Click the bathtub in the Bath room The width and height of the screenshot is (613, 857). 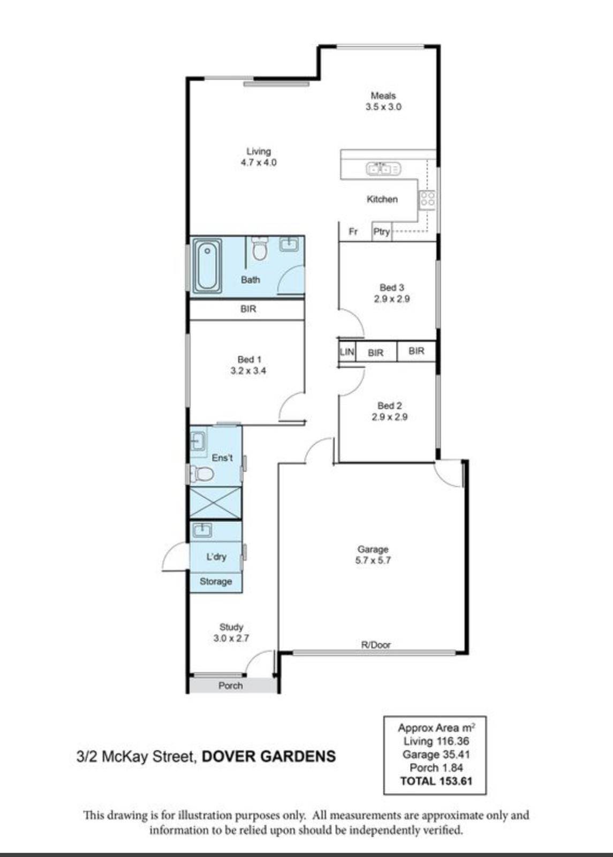(207, 266)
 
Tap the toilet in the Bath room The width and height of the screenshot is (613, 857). (260, 249)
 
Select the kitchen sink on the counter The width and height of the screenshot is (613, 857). (383, 168)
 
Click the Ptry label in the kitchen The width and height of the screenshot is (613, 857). (381, 232)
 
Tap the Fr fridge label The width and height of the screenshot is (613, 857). (353, 231)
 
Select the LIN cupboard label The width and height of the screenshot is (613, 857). (347, 351)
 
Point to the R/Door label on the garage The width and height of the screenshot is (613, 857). (376, 645)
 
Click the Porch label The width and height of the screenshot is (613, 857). (230, 686)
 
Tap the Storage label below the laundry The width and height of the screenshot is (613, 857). (216, 582)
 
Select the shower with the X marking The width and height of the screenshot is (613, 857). (216, 503)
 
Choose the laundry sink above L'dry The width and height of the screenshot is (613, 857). (202, 530)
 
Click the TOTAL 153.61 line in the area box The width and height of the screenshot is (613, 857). (436, 780)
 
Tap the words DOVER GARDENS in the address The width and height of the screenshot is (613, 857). (268, 756)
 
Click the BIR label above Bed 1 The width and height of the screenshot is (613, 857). (248, 309)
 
